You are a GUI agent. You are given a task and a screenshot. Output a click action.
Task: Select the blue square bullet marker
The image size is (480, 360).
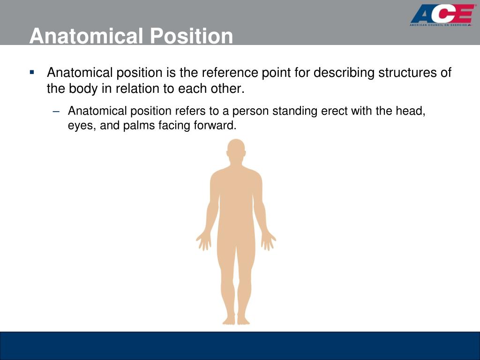(32, 72)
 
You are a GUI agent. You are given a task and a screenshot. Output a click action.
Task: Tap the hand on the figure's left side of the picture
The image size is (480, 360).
(203, 240)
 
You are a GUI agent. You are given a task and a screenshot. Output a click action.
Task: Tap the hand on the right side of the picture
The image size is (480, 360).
(268, 240)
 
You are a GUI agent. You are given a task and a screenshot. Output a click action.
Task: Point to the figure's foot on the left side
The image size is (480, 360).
(228, 320)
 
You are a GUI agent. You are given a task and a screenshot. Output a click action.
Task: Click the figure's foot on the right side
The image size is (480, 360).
(243, 320)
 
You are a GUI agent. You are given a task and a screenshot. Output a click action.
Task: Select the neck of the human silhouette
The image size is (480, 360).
(236, 165)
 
